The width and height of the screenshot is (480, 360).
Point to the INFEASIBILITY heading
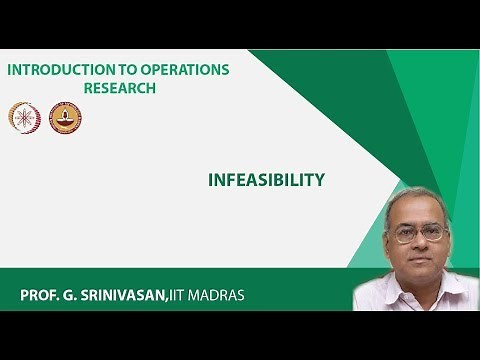click(x=266, y=180)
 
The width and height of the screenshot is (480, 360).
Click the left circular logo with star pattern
click(x=24, y=118)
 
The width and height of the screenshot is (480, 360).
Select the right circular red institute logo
click(x=65, y=118)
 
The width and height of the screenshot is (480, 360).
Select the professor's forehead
click(x=419, y=212)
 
